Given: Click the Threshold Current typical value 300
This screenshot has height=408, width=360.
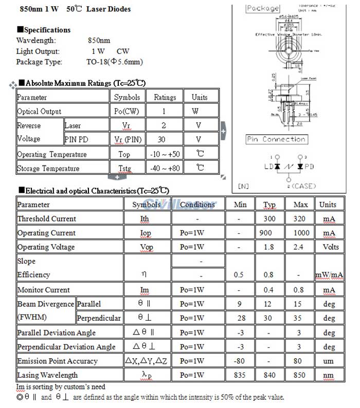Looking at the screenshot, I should click(269, 219).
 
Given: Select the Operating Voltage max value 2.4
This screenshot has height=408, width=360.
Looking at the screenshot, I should click(301, 247).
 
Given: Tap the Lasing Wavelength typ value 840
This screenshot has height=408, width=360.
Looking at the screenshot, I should click(269, 375).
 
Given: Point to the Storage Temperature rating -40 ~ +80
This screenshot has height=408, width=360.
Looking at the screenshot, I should click(165, 168).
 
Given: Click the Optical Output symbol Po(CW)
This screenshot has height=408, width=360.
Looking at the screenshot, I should click(127, 111).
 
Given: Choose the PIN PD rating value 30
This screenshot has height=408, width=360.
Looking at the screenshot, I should click(161, 139).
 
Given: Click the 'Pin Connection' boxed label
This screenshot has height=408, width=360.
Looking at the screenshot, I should click(276, 139).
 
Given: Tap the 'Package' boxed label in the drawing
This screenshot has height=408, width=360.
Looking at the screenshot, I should click(263, 8).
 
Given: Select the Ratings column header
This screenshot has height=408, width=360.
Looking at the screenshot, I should click(165, 97).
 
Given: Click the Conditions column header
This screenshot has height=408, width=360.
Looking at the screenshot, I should click(197, 205).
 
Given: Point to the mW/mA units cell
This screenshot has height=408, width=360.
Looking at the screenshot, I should click(329, 275).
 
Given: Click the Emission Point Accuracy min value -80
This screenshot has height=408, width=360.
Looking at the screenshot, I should click(239, 361).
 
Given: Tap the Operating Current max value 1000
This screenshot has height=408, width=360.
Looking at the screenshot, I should click(301, 233).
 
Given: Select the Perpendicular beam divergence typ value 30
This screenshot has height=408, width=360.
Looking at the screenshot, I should click(269, 319).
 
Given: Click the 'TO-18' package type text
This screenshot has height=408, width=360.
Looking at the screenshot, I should click(97, 62).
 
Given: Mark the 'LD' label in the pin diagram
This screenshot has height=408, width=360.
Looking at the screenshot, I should click(268, 167).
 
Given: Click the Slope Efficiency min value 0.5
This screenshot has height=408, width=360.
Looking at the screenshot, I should click(239, 275).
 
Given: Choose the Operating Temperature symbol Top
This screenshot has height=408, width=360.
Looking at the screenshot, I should click(124, 154).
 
